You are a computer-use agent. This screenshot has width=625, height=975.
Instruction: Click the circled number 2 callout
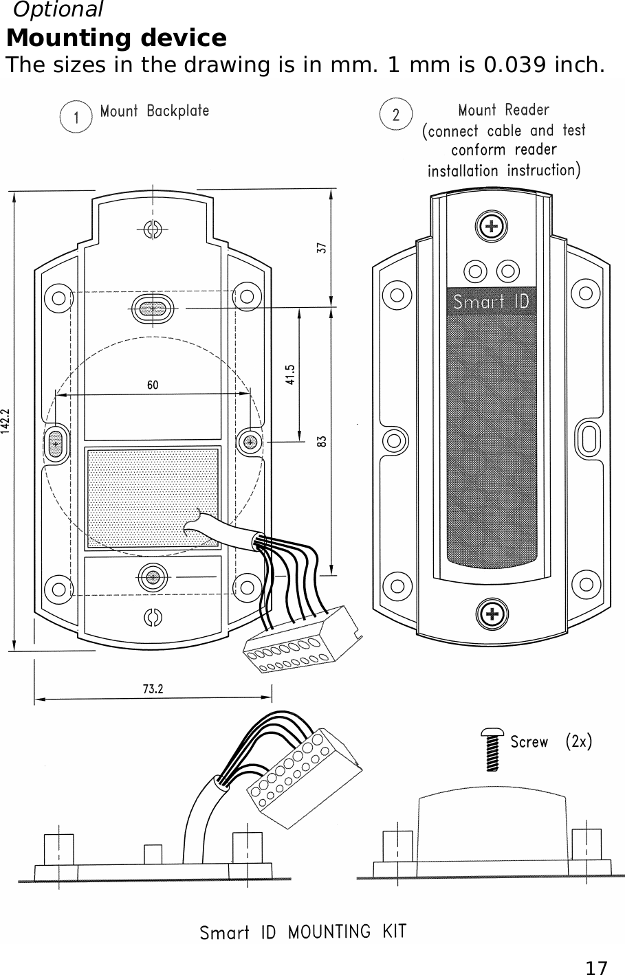point(396,115)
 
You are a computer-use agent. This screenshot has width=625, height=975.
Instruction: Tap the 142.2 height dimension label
point(6,419)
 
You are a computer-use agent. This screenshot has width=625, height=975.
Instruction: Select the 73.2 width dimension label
point(153,689)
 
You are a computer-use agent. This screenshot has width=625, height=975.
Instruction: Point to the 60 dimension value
point(152,385)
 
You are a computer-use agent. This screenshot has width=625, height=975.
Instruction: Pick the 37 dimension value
point(320,248)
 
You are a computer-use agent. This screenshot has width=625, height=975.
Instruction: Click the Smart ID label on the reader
point(491,302)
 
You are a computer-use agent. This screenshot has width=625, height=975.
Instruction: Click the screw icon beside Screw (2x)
point(492,749)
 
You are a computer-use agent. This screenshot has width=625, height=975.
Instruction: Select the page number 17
point(596,967)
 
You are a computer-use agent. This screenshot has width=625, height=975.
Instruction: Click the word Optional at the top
point(58,10)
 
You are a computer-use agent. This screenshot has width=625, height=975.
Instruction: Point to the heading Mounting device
point(116,37)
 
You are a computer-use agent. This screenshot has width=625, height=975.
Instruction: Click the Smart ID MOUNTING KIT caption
point(303,932)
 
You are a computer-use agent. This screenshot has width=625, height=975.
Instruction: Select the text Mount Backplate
point(155,111)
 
